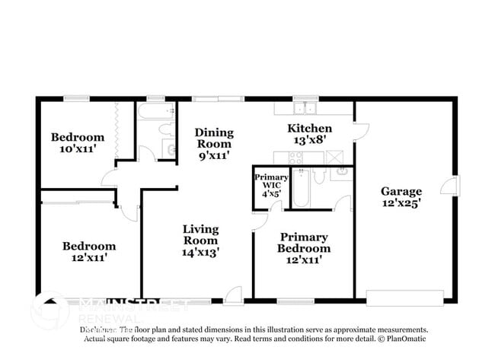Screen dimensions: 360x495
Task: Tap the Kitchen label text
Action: point(308,134)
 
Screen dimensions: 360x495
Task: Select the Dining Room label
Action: point(214,144)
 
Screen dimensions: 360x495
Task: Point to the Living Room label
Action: point(201,241)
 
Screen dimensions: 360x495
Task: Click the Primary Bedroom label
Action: point(303,249)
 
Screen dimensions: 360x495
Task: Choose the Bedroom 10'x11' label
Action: point(78,143)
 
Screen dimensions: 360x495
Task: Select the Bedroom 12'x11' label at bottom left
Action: point(89,252)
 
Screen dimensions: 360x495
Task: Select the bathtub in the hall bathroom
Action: point(157,113)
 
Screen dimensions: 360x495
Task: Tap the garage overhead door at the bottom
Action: point(404,298)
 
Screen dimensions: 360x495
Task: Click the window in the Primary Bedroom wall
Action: point(295,301)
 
